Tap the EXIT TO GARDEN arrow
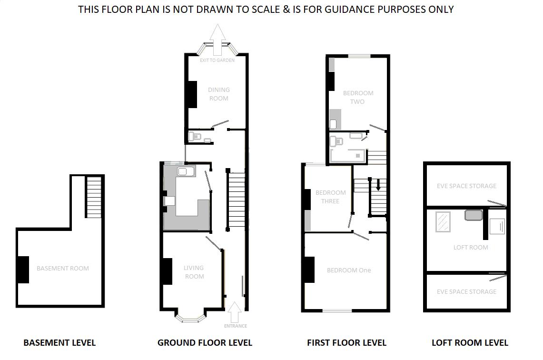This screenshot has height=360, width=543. [x=218, y=40]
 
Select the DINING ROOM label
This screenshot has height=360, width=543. [x=218, y=94]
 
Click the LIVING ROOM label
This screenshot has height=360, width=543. [x=194, y=272]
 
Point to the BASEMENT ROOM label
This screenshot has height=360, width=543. [x=63, y=268]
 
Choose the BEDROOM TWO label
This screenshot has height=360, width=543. [x=358, y=97]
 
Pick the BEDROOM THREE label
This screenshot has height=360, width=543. [x=330, y=197]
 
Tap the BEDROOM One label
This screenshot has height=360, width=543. [x=348, y=270]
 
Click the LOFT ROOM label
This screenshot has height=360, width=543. [x=470, y=247]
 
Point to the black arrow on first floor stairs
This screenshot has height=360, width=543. [x=378, y=184]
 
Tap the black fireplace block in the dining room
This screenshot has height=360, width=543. [x=192, y=94]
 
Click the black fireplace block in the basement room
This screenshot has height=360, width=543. [x=23, y=270]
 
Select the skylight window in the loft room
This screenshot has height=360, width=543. [x=443, y=222]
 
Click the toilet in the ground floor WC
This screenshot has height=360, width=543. [x=194, y=137]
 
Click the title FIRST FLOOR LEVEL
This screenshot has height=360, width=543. [x=346, y=342]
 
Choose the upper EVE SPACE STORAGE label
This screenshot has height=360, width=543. [x=466, y=186]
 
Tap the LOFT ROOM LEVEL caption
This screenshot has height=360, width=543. [x=469, y=342]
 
